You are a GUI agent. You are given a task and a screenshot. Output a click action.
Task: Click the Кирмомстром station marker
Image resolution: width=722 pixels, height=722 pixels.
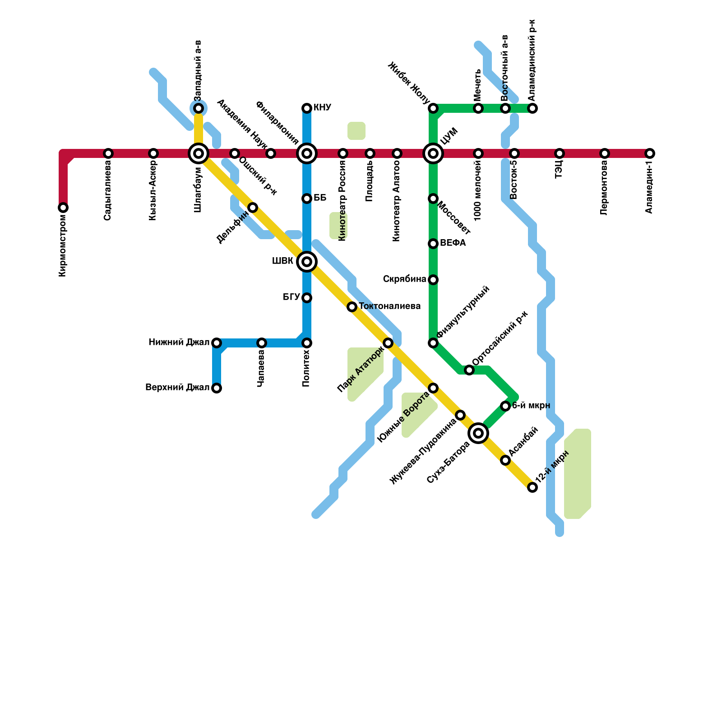pos(63,208)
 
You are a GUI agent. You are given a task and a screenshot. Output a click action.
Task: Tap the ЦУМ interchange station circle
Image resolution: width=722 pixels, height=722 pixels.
pos(433,153)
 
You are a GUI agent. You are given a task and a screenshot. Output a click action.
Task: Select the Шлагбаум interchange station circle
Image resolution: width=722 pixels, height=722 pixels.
pos(199,153)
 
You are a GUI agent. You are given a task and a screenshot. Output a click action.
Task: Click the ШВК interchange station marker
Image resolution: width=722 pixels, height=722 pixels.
pos(307,262)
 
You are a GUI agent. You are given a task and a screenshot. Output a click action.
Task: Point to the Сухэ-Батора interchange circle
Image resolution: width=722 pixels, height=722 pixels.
pos(478,433)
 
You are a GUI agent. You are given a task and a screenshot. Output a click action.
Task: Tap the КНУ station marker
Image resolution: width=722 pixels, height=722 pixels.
pos(307,108)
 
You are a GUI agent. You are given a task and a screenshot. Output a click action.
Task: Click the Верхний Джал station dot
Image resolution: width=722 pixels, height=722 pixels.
pos(217,388)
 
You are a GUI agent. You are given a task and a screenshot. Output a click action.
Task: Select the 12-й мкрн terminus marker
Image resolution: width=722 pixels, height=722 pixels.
pos(532,487)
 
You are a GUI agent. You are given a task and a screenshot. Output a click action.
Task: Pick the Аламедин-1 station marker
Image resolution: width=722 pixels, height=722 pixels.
pos(650,153)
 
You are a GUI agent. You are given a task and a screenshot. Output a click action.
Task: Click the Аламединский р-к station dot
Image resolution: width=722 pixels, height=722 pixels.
pos(532,108)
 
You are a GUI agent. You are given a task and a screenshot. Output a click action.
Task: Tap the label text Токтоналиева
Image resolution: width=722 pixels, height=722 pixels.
pos(389,306)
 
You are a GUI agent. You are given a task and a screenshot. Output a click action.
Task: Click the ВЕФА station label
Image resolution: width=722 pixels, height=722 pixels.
pos(453,243)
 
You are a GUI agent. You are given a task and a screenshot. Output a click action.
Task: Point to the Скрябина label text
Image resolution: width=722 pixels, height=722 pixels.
pos(404,279)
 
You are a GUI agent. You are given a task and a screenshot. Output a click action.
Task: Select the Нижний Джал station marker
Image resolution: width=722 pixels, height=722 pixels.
pos(217,343)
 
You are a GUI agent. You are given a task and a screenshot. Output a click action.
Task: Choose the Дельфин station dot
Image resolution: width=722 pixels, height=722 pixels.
pos(253,208)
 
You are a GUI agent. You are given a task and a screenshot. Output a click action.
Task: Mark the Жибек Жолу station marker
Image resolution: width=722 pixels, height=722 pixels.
pos(433,108)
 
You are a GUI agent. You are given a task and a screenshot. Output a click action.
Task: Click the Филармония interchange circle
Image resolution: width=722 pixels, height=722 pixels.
pos(307,153)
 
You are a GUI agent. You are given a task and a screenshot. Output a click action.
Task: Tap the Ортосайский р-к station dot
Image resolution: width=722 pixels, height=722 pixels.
pos(469,370)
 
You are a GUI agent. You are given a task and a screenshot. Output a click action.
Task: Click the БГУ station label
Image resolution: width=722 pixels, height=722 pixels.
pos(291,297)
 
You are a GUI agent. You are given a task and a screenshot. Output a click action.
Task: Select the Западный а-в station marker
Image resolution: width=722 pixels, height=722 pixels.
pos(199,108)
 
